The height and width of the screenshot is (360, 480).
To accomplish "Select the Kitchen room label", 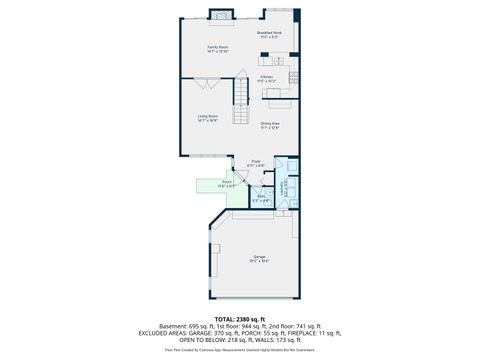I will [267, 78].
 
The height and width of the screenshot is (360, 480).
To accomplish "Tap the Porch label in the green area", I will [227, 184].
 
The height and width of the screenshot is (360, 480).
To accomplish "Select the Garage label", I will [259, 258].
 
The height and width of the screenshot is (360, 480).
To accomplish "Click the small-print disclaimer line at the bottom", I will [240, 350].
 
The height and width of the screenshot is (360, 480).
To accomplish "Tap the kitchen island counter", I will [278, 97].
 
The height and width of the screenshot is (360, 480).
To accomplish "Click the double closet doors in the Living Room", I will [205, 157].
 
